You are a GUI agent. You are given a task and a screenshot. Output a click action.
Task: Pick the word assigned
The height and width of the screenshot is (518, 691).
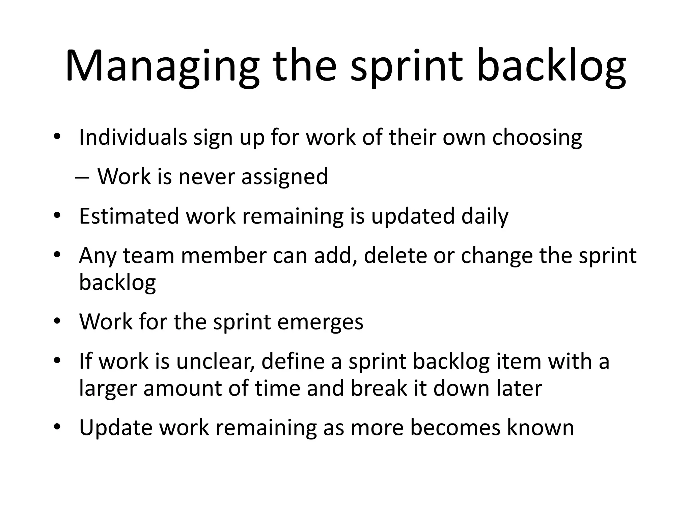284,177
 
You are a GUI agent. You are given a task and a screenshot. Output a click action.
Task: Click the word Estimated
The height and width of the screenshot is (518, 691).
129,216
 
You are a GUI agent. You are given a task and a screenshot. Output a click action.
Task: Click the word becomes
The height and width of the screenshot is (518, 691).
455,428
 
